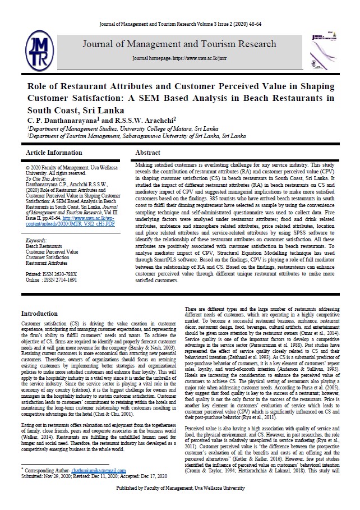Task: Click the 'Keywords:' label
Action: pos(36,240)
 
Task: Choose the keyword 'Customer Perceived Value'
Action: pos(52,251)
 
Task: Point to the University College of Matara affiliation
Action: pos(119,128)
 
